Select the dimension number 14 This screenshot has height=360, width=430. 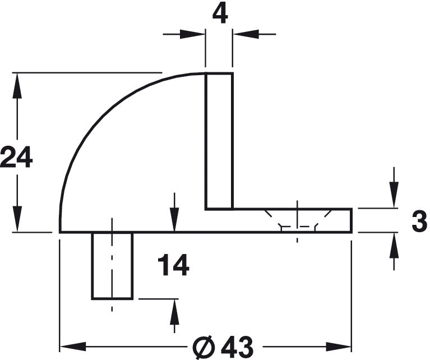point(174,265)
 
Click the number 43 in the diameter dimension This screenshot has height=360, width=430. point(238,347)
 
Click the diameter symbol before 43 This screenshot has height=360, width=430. point(204,347)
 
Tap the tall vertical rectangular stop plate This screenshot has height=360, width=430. point(219,141)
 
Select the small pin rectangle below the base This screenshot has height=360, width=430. point(112,266)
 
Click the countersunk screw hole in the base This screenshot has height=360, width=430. point(298,220)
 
